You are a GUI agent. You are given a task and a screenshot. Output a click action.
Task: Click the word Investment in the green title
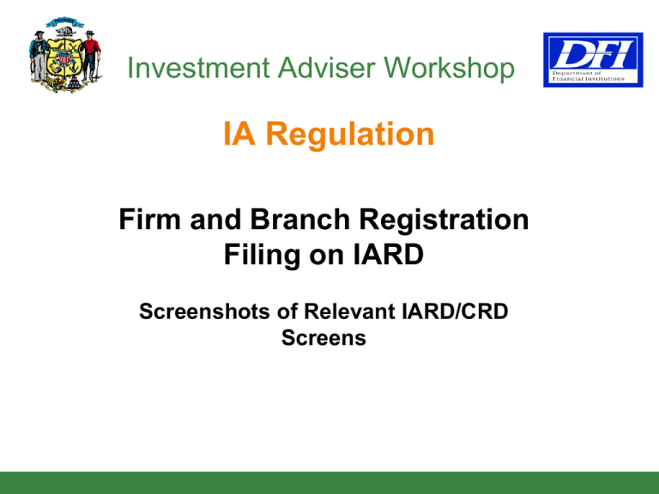pos(198,68)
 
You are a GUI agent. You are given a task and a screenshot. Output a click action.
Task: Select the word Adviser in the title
pos(326,68)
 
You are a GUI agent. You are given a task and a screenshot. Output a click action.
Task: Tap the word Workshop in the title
pos(450,69)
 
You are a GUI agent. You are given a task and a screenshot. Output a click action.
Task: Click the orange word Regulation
pos(350,135)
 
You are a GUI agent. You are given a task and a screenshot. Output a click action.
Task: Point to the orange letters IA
pos(239,134)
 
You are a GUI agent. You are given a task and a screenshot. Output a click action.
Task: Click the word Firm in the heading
pos(150,220)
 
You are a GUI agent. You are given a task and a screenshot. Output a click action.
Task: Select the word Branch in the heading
pos(300,220)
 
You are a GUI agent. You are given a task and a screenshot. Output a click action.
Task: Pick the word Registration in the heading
pos(444,220)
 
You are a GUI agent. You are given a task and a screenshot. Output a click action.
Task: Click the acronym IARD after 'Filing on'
pos(388,254)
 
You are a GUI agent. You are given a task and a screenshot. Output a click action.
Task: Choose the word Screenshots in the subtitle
pos(205,311)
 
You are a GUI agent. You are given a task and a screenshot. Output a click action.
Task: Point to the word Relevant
pos(350,311)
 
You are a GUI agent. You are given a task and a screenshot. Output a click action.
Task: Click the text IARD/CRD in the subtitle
pos(455,311)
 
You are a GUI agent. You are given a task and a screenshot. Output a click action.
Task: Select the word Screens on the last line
pos(323,338)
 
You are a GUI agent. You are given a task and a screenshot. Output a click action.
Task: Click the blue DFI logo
pos(593,60)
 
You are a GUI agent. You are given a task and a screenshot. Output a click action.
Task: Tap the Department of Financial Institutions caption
pos(588,75)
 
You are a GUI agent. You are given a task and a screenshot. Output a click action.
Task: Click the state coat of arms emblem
pos(65,55)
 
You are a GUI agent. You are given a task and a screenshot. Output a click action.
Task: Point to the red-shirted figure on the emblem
pos(91,56)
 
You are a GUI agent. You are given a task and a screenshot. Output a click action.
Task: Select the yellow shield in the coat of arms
pos(63,58)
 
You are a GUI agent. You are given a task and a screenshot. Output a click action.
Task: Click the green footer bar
pos(329,483)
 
